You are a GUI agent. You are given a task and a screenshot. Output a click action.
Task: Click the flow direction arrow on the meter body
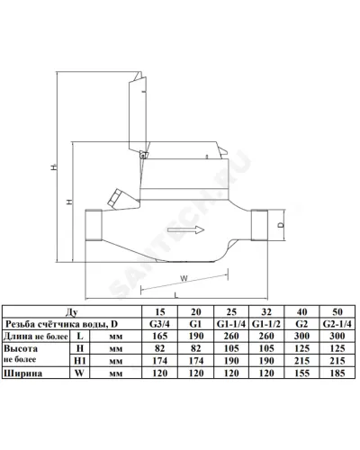click(x=186, y=230)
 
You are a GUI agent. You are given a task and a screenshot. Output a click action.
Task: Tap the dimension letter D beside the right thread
click(x=281, y=225)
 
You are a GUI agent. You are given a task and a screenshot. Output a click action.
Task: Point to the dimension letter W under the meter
click(x=184, y=278)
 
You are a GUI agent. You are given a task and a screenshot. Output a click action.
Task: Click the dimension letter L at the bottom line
click(x=176, y=295)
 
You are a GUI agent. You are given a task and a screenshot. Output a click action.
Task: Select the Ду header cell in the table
click(x=72, y=312)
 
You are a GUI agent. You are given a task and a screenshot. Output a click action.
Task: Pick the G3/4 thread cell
click(x=159, y=324)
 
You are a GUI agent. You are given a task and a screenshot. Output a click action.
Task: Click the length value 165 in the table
click(x=159, y=336)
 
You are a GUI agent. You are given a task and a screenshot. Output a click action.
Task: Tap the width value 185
click(x=337, y=373)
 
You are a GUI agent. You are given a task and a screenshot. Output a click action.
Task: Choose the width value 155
click(x=301, y=373)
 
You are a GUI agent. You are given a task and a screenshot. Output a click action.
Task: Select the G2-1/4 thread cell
click(x=337, y=324)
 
